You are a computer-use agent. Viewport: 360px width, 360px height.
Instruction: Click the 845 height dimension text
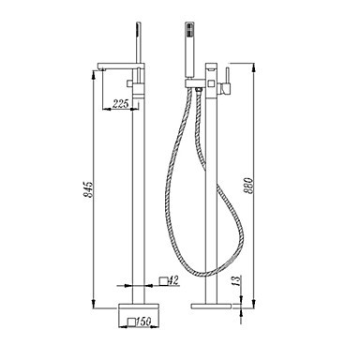pos(89,189)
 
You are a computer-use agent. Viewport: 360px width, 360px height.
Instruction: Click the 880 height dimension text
pos(248,186)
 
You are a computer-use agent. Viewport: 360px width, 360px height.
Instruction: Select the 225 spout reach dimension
pos(120,103)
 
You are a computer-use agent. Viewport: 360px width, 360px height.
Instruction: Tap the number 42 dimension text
pos(173,280)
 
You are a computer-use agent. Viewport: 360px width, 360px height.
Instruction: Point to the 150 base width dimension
pos(144,322)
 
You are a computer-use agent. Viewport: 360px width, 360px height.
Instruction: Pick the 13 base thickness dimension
pos(237,280)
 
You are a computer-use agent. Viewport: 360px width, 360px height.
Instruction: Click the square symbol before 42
pos(164,281)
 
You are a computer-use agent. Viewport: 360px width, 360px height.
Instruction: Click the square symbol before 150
pos(132,322)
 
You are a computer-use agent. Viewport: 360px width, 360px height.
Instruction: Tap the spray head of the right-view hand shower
pos(189,31)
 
